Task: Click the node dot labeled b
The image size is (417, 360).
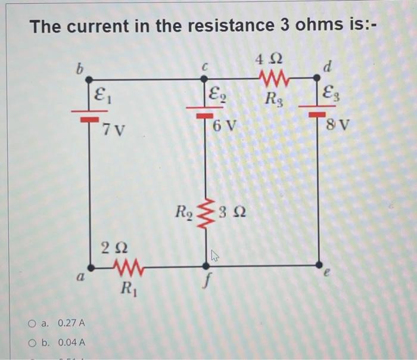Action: (x=89, y=79)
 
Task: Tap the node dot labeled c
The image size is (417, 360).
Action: (x=204, y=79)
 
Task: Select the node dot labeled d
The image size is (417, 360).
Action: (x=316, y=78)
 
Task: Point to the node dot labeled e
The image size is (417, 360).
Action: (x=319, y=265)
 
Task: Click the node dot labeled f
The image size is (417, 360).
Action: (x=206, y=266)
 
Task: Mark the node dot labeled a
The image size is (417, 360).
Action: (x=91, y=268)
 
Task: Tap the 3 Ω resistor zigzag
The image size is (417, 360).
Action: (x=206, y=213)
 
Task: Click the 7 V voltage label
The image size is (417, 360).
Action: (x=113, y=130)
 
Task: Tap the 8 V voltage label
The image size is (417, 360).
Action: (x=337, y=125)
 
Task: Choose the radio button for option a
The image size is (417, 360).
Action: (x=32, y=324)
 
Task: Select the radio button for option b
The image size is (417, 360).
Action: (x=32, y=343)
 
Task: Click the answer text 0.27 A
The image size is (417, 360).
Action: (x=71, y=323)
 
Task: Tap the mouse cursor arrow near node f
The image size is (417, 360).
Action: (x=215, y=256)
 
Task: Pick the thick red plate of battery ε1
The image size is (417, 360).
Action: (x=89, y=119)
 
